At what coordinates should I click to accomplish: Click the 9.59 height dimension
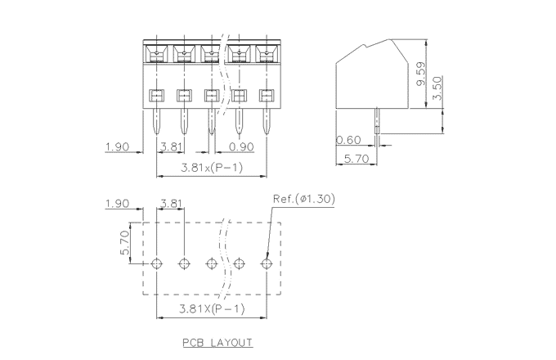pyautogui.click(x=420, y=74)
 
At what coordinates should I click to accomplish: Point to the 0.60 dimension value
pyautogui.click(x=349, y=141)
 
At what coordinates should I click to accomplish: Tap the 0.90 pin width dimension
pyautogui.click(x=240, y=147)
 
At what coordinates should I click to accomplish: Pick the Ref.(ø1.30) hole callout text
pyautogui.click(x=303, y=199)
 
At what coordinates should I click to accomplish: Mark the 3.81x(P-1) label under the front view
pyautogui.click(x=210, y=168)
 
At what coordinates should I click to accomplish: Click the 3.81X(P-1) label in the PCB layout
pyautogui.click(x=210, y=308)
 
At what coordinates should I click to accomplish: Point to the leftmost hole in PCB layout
pyautogui.click(x=157, y=263)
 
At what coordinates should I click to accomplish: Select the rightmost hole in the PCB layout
pyautogui.click(x=266, y=263)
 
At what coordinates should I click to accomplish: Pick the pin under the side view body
pyautogui.click(x=377, y=120)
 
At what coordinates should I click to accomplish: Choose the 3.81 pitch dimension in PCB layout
pyautogui.click(x=172, y=203)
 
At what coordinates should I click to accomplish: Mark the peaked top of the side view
pyautogui.click(x=391, y=42)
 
